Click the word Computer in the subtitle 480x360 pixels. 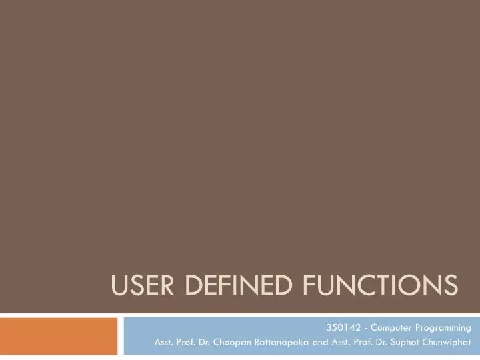[387, 327]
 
